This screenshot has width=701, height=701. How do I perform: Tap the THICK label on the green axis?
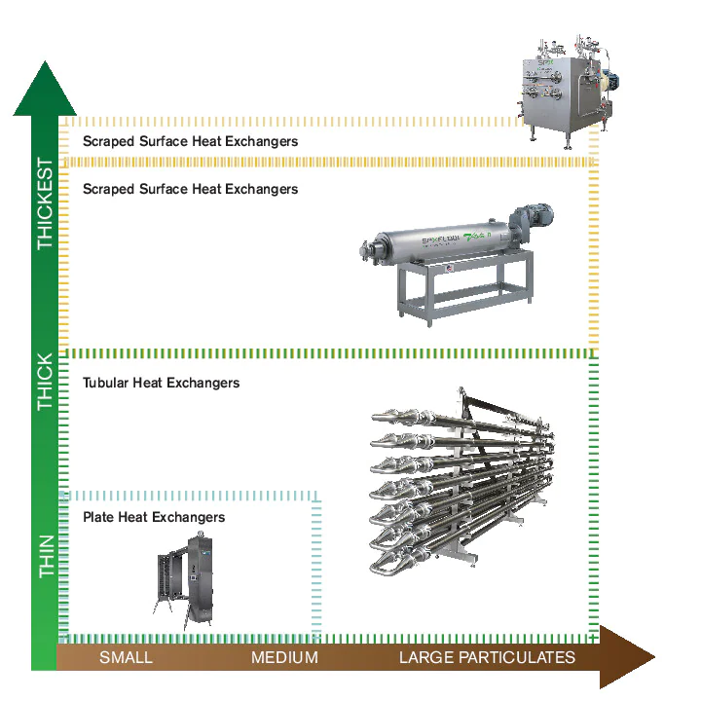[x=45, y=381]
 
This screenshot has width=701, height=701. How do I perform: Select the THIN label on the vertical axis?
[x=45, y=558]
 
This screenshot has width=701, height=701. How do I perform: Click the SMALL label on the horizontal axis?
[x=126, y=658]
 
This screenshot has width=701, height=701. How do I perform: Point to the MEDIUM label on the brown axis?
[x=284, y=658]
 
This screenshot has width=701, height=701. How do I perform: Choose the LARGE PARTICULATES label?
[x=487, y=658]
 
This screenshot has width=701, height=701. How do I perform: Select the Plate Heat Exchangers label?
[x=154, y=517]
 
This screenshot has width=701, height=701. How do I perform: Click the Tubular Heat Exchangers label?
[x=161, y=383]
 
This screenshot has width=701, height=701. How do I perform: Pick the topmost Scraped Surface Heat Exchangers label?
[x=190, y=141]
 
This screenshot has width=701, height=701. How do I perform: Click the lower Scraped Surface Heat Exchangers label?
[x=190, y=188]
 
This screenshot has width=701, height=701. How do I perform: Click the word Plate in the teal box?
[x=98, y=517]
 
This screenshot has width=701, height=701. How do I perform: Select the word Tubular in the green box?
[x=106, y=383]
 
